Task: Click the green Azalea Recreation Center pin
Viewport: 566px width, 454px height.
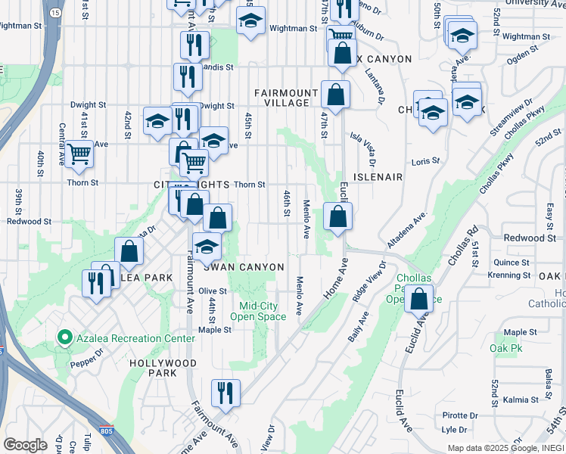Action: point(64,338)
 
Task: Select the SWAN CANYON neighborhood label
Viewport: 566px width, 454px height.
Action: point(243,267)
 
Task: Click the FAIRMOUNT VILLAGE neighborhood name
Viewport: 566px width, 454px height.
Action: point(281,98)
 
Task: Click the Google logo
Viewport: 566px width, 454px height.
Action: point(25,444)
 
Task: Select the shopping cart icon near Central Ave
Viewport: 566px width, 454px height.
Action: point(79,154)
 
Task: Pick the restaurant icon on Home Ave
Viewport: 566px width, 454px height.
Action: point(225,393)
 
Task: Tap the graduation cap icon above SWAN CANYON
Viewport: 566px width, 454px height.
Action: point(207,246)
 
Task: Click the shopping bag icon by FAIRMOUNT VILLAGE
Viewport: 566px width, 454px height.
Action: point(334,95)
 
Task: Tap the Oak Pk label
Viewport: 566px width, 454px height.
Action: point(502,348)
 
